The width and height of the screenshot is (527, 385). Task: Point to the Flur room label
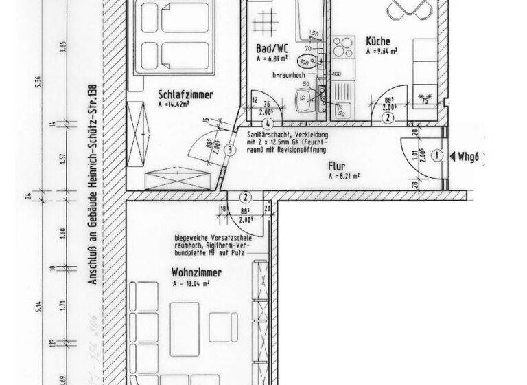[336, 166]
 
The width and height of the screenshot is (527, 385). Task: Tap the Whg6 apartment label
[472, 156]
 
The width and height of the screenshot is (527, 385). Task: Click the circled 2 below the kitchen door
[388, 118]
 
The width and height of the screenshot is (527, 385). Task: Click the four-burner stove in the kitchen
[341, 49]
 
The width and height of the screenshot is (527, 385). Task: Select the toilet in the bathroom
[311, 60]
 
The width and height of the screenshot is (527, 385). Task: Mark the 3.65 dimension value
[62, 47]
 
